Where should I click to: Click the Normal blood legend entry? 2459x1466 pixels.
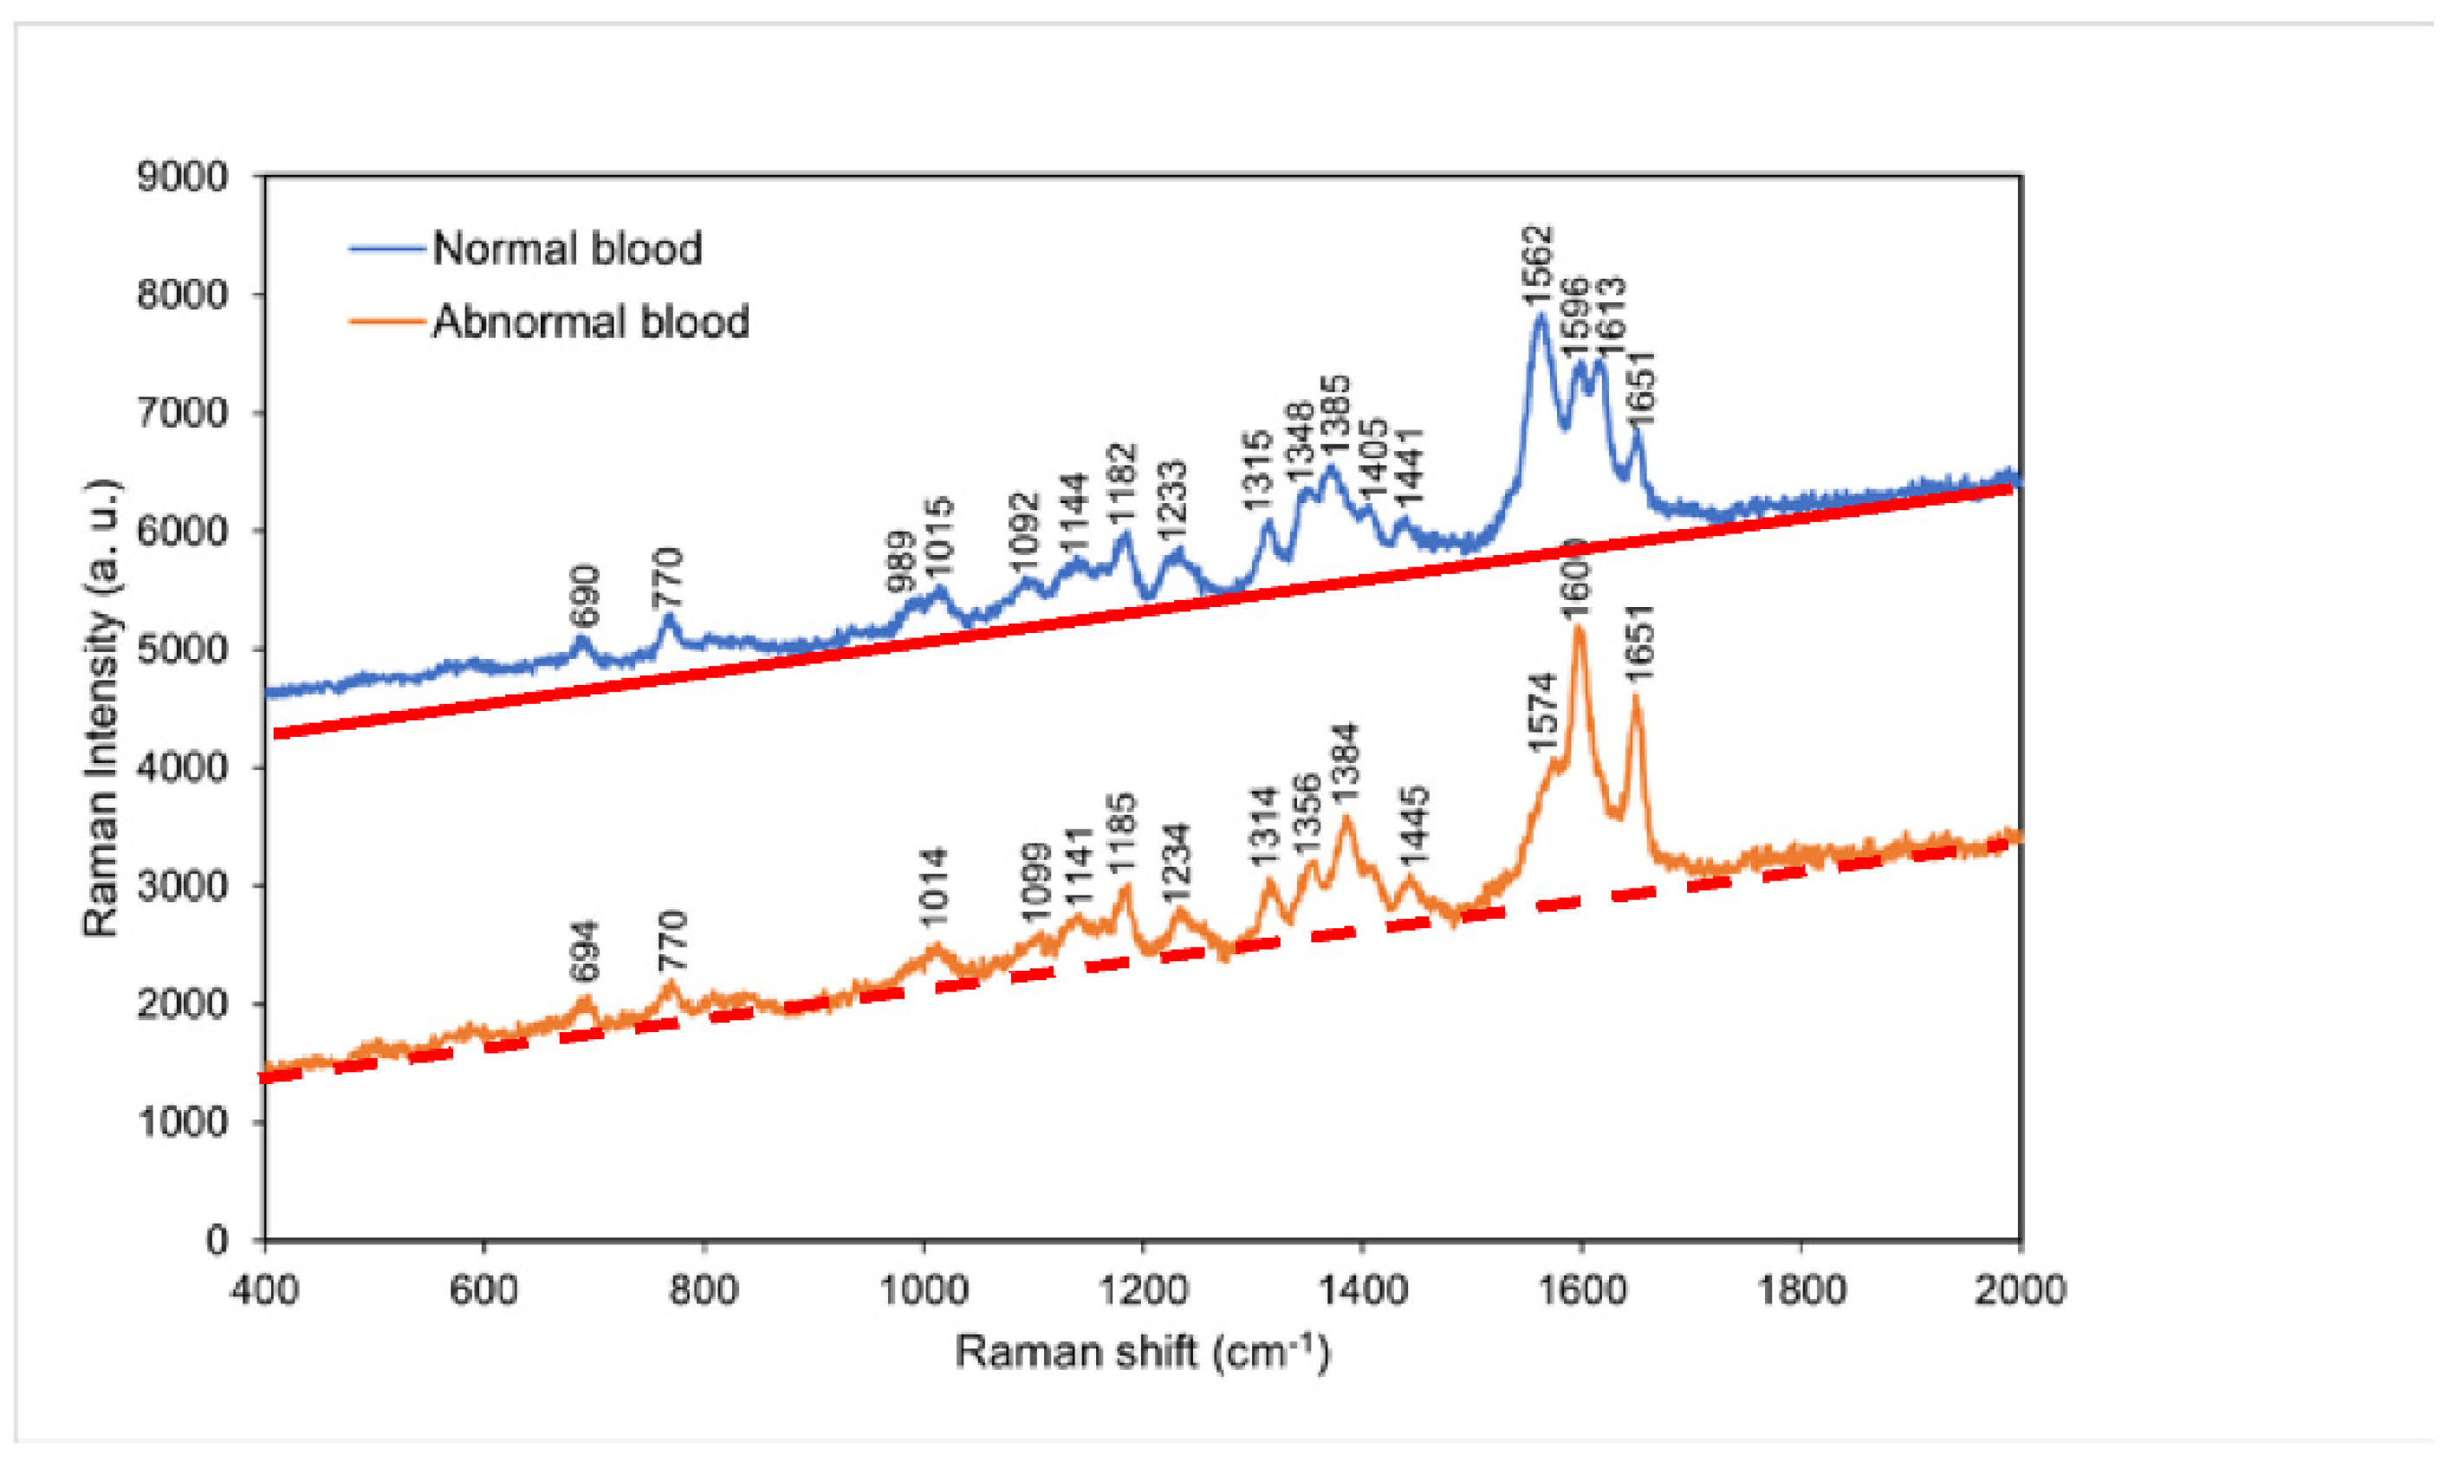(x=567, y=248)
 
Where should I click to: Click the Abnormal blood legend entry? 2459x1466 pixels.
(x=590, y=322)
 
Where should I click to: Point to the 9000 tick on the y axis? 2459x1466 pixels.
(x=182, y=178)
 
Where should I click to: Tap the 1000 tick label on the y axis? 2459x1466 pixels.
(x=182, y=1122)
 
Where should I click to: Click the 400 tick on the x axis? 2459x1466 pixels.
(x=264, y=1291)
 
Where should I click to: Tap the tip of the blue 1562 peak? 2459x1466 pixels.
(x=1540, y=316)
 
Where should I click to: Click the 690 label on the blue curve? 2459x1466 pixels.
(x=586, y=596)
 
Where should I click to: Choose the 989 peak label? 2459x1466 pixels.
(x=901, y=561)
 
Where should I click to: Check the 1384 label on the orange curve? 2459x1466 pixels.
(x=1346, y=764)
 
